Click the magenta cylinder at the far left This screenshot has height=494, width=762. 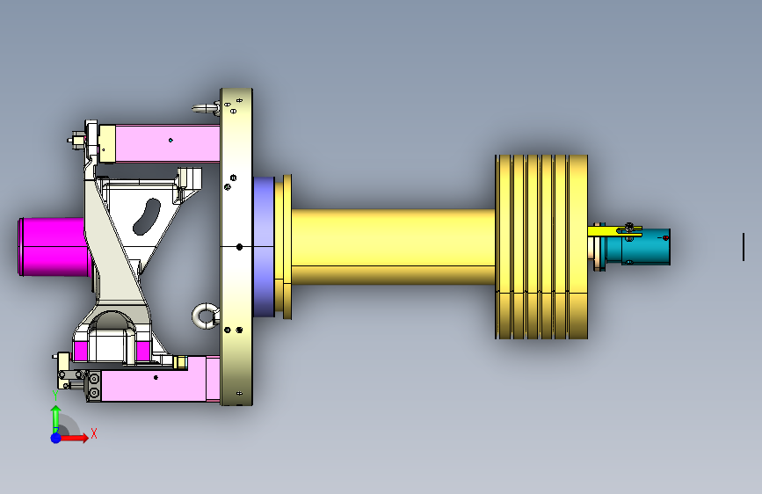[54, 247]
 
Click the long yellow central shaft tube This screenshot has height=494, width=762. [393, 246]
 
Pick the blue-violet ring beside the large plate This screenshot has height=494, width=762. [264, 246]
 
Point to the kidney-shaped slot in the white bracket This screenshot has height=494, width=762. [147, 216]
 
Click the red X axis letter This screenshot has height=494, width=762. [94, 433]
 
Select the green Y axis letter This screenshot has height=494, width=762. [55, 396]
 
